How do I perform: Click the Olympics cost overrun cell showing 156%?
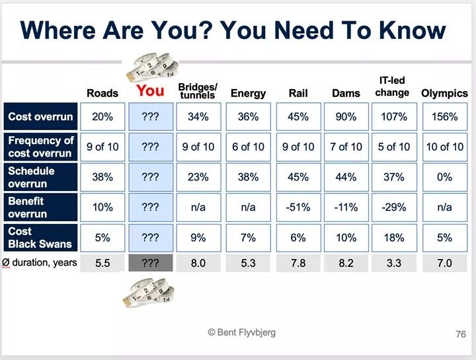(x=444, y=117)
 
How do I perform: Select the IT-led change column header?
(x=392, y=87)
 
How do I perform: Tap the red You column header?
(x=150, y=91)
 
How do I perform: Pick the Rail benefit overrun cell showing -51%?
(x=298, y=207)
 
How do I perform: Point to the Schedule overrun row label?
(x=40, y=177)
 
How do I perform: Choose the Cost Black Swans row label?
(x=40, y=238)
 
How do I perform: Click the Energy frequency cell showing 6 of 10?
(x=248, y=147)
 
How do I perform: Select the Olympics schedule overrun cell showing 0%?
(x=444, y=177)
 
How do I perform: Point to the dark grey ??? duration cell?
(x=151, y=262)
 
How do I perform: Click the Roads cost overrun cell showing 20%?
(x=102, y=117)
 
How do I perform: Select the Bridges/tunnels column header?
(x=198, y=91)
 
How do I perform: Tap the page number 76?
(x=461, y=334)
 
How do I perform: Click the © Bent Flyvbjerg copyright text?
(x=241, y=332)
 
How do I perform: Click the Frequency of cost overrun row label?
(x=40, y=147)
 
